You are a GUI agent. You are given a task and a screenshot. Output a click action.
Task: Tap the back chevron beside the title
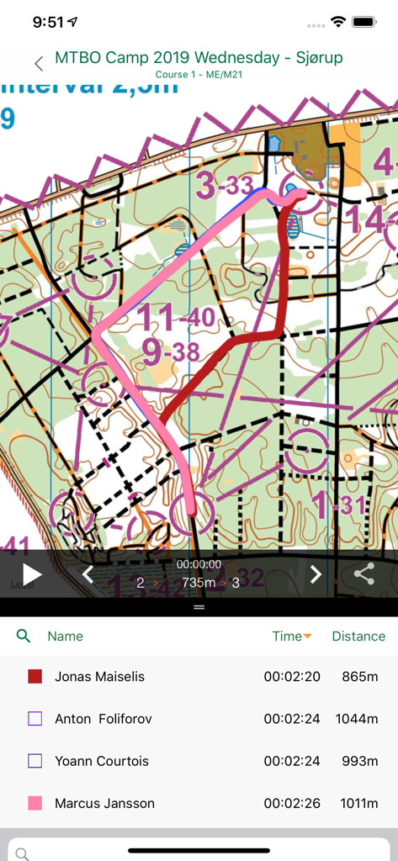coord(39,64)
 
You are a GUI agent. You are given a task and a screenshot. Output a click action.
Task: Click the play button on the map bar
coord(31,574)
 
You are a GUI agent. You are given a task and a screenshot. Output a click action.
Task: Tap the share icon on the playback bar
coord(364,574)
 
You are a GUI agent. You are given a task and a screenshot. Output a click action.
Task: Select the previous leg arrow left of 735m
coord(88,574)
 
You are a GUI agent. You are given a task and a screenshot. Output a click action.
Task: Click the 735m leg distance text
coord(199,582)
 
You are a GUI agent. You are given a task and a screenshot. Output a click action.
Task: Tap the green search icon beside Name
coord(24,637)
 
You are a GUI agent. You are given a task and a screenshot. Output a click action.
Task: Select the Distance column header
coord(358,637)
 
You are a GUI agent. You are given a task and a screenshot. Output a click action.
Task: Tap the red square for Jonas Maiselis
coord(35,677)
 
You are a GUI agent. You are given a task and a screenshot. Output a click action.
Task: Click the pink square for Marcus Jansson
coord(35,803)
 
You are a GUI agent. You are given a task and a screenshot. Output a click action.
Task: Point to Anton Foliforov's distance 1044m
coord(360,719)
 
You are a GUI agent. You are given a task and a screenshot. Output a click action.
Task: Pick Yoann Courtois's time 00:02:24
coord(292,761)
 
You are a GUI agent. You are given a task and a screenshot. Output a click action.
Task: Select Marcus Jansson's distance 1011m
coord(360,803)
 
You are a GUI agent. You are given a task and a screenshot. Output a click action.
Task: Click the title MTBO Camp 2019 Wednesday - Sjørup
coord(199,58)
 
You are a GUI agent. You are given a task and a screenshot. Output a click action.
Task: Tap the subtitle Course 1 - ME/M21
coord(199,75)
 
